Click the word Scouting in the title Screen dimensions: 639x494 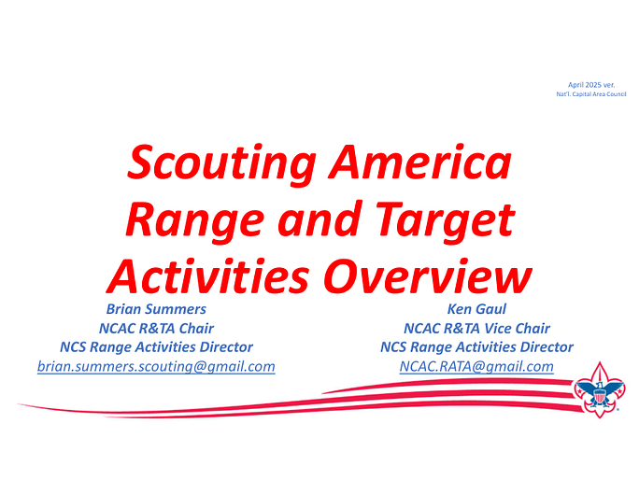point(221,163)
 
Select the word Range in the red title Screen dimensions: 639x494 point(194,221)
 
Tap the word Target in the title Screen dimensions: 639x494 point(445,221)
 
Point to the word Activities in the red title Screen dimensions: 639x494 point(207,275)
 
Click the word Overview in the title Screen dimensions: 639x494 point(428,275)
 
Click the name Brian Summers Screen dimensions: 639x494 point(156,309)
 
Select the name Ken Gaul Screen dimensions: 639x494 point(476,309)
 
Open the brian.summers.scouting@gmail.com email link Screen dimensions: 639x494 point(156,366)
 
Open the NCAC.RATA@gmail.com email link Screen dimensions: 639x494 point(476,366)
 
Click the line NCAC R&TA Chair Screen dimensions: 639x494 point(156,329)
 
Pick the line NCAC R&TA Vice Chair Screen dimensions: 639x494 point(476,329)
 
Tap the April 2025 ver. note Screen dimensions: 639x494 point(591,85)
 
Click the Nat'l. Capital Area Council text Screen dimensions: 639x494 point(591,94)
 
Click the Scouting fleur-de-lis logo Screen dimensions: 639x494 point(599,389)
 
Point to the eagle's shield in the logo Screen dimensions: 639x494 point(599,395)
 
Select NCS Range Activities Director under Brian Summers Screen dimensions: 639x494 point(156,347)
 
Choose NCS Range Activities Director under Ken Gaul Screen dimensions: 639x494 point(476,347)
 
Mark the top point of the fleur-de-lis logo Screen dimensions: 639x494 point(600,361)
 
